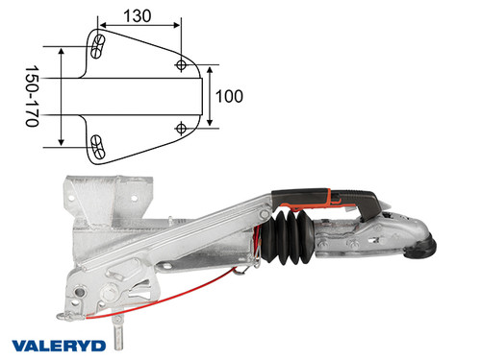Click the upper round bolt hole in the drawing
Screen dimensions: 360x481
(x=182, y=63)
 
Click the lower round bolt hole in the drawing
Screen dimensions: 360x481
(x=182, y=127)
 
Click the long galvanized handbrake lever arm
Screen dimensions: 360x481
(x=192, y=235)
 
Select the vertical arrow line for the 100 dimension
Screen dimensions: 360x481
(x=210, y=96)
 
